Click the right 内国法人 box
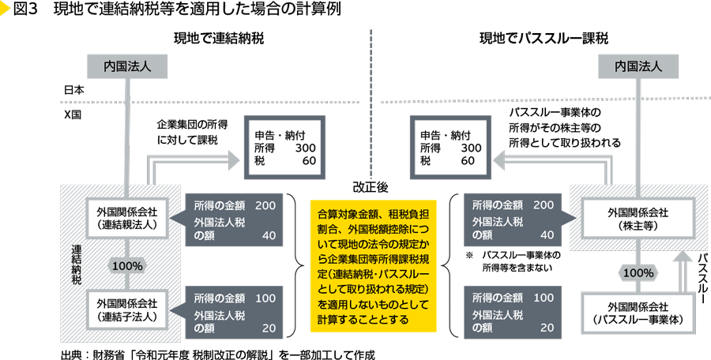tap(638, 66)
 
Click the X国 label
tap(73, 114)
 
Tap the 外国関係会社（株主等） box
tap(638, 218)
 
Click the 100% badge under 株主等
tap(638, 272)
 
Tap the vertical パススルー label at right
tap(702, 278)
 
